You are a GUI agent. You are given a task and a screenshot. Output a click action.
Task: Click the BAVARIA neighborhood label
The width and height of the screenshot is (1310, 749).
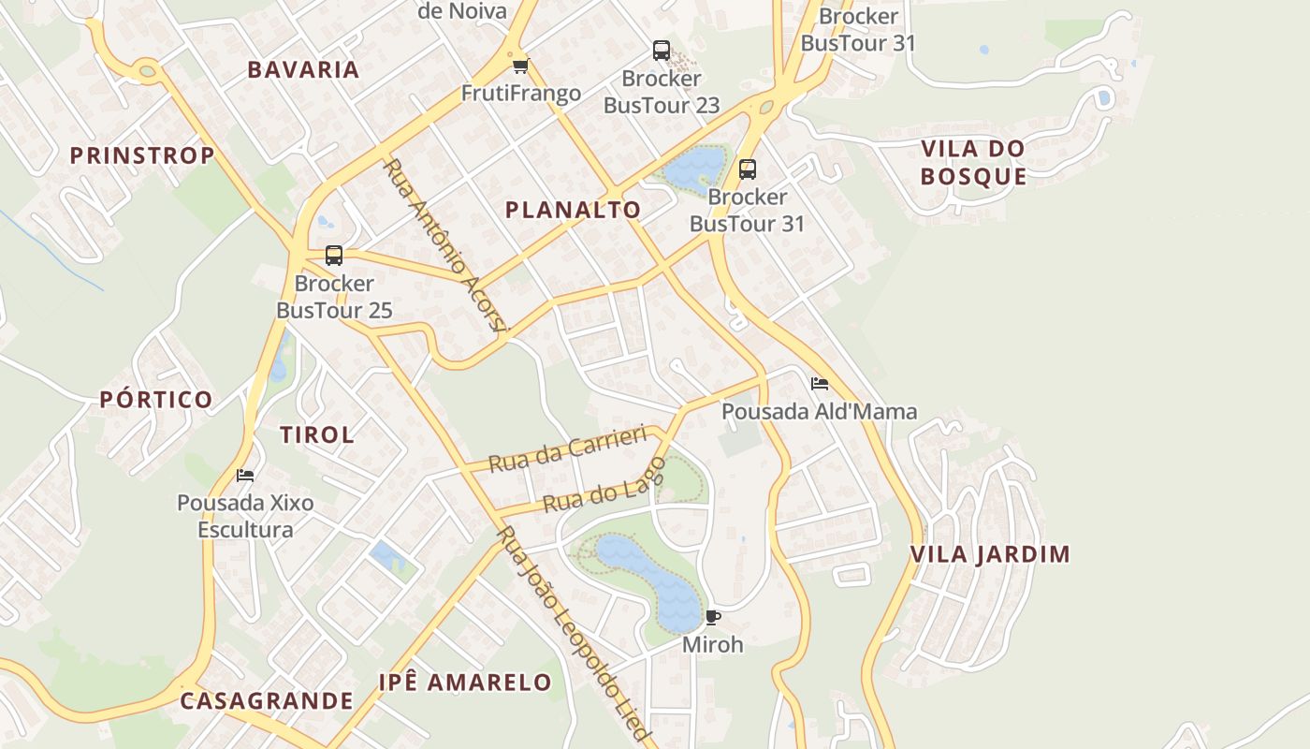point(303,69)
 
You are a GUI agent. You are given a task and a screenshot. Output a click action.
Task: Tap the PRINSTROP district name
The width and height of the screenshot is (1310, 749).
point(142,155)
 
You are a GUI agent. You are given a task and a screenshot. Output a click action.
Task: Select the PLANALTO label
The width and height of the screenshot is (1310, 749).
point(573,210)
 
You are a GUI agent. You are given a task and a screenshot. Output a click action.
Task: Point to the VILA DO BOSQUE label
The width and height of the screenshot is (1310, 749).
point(973,162)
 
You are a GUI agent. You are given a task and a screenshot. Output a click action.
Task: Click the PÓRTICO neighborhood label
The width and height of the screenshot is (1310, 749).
point(156,400)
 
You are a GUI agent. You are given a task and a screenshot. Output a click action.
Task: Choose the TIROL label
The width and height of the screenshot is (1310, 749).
point(317,434)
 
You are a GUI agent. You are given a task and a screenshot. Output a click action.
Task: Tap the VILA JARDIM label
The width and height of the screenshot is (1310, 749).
point(990,554)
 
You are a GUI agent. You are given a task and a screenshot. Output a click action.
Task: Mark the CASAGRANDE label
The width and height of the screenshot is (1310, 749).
point(267,700)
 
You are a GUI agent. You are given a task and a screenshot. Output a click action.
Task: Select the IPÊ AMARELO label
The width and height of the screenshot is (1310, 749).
point(465,683)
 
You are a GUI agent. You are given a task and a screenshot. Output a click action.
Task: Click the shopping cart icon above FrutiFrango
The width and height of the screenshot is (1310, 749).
point(521,66)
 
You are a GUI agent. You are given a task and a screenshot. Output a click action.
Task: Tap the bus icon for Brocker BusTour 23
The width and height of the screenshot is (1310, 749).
point(662,51)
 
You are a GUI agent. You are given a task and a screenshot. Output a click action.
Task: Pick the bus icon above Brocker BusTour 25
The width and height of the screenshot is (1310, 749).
point(334,255)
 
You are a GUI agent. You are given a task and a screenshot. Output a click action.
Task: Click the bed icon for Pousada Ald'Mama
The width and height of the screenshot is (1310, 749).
point(820,384)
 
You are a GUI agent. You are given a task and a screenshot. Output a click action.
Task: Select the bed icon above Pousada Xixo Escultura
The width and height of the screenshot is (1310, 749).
point(245,476)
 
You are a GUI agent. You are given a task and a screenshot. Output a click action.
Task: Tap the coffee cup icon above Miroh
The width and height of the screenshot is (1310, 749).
point(713,617)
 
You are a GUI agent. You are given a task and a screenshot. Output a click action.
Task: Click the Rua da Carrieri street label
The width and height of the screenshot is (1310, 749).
point(568,449)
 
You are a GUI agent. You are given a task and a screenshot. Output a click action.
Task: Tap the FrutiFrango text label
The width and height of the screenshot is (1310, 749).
point(521,94)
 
